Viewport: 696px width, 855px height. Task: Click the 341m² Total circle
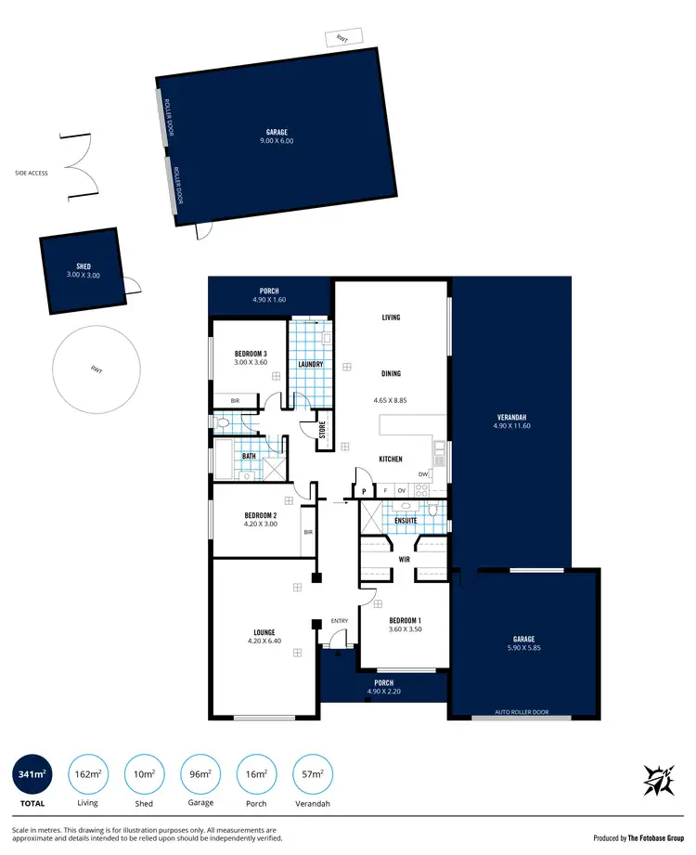pyautogui.click(x=32, y=773)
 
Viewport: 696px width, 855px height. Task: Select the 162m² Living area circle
pyautogui.click(x=88, y=773)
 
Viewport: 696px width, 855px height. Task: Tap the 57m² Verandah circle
pyautogui.click(x=313, y=773)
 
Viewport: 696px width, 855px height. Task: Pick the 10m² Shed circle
pyautogui.click(x=144, y=773)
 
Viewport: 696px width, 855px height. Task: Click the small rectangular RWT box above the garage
pyautogui.click(x=342, y=38)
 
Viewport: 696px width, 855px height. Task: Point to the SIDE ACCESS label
pyautogui.click(x=32, y=173)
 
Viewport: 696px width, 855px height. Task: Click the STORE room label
pyautogui.click(x=323, y=430)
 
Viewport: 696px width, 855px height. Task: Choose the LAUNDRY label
pyautogui.click(x=310, y=364)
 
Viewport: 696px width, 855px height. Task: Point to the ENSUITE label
pyautogui.click(x=406, y=521)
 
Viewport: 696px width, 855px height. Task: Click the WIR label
pyautogui.click(x=405, y=561)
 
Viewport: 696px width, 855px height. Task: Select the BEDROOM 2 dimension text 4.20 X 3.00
pyautogui.click(x=261, y=524)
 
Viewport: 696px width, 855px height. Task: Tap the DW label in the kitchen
pyautogui.click(x=422, y=474)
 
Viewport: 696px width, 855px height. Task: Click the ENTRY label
pyautogui.click(x=340, y=621)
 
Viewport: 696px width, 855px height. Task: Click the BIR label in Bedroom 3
pyautogui.click(x=236, y=400)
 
